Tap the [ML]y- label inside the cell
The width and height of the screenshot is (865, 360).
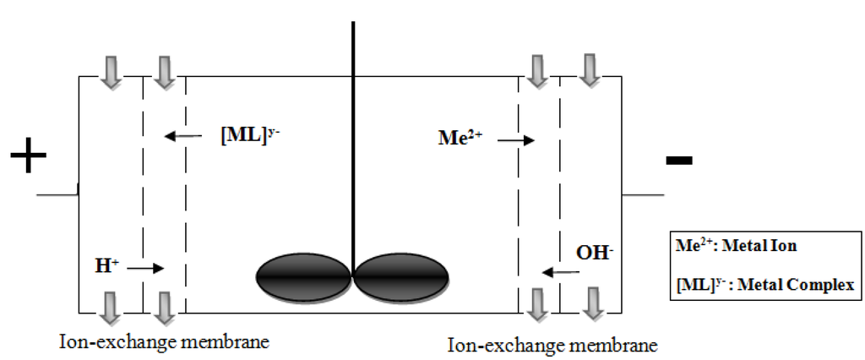246,135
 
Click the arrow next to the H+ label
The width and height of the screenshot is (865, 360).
145,269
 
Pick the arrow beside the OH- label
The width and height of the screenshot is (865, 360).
561,272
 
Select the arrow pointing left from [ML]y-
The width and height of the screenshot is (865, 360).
183,136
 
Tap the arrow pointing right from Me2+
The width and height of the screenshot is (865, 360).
516,140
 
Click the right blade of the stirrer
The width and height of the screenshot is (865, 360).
401,275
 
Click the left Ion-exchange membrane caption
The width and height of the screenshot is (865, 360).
165,342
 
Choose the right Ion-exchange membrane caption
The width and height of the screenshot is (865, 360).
552,346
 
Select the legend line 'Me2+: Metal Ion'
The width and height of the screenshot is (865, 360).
737,248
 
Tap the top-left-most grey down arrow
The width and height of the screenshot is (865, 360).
111,70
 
